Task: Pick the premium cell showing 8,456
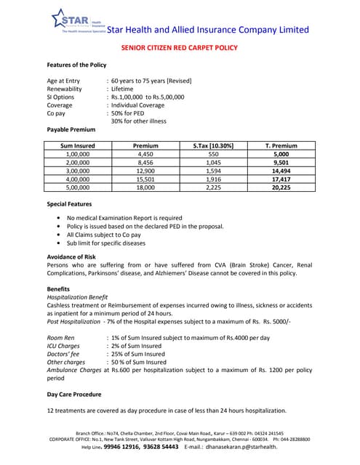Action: coord(146,163)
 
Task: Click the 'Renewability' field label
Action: coord(68,89)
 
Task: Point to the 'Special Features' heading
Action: coord(69,204)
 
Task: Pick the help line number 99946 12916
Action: coord(121,448)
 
